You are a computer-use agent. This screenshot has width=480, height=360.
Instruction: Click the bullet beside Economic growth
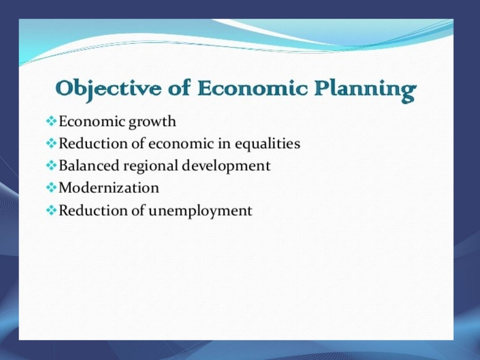pyautogui.click(x=51, y=121)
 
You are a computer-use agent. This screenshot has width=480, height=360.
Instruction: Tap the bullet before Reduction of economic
pyautogui.click(x=51, y=143)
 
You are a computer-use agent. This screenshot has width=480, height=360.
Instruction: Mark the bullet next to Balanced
pyautogui.click(x=51, y=165)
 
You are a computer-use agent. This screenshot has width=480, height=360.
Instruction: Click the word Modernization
pyautogui.click(x=109, y=188)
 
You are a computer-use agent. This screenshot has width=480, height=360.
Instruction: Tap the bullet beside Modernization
pyautogui.click(x=51, y=188)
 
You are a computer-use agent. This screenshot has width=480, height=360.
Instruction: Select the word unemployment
pyautogui.click(x=200, y=211)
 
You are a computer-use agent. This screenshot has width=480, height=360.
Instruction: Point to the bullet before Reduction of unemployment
pyautogui.click(x=51, y=210)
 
